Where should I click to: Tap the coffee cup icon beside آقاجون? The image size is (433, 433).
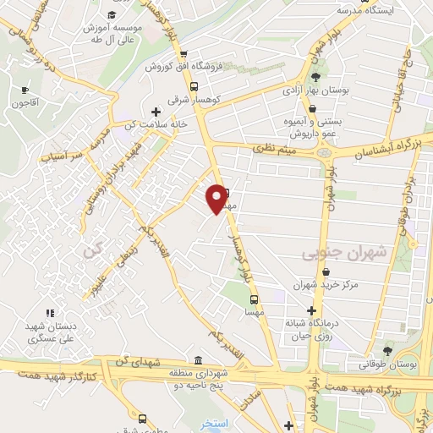pos(25,90)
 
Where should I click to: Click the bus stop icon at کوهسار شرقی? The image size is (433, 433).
pos(195,86)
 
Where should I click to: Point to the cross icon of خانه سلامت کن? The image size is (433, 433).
pos(155,111)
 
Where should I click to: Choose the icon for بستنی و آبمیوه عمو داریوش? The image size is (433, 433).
pos(313,109)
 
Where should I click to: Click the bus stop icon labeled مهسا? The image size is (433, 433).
pos(253,299)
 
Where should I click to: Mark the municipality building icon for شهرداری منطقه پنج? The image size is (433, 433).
pos(198,360)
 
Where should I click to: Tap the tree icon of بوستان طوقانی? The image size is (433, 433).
pos(388,350)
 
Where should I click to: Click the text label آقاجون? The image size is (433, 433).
pos(25,103)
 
